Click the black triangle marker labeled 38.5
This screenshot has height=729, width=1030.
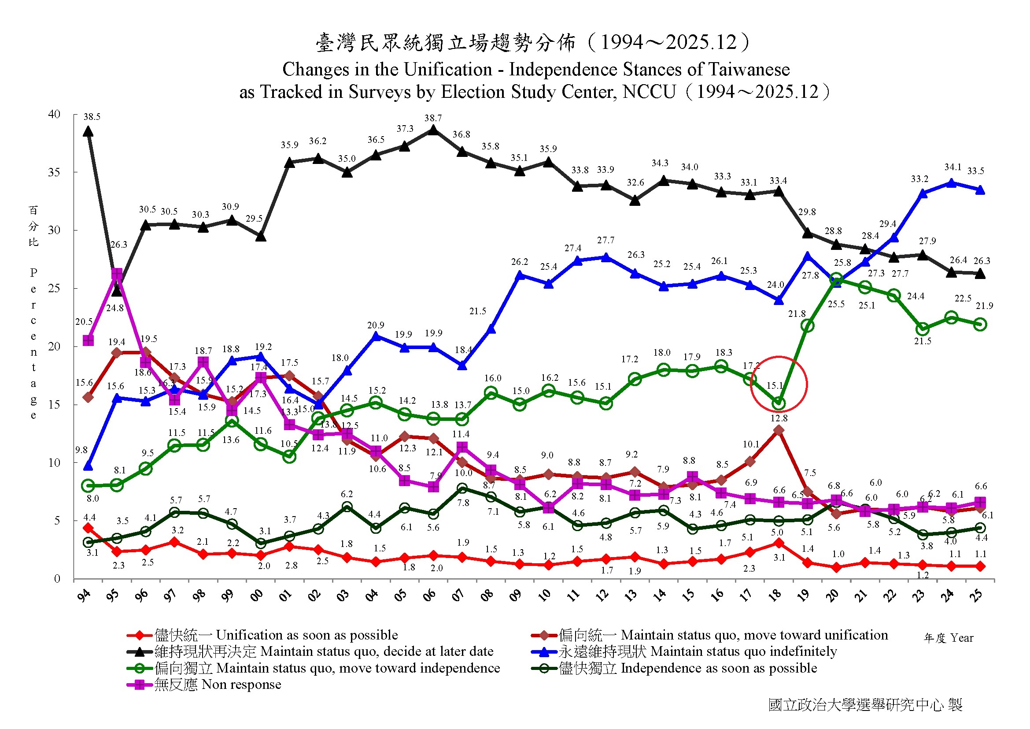(89, 131)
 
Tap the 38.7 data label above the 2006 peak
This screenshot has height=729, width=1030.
(433, 118)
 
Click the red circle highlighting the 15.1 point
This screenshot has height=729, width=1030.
(779, 384)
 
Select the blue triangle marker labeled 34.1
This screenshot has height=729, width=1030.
(951, 183)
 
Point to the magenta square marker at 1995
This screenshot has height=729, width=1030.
(117, 273)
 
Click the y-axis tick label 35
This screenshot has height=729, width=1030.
(54, 172)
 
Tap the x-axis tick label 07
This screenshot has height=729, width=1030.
(458, 595)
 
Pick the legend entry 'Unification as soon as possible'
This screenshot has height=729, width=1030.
(262, 635)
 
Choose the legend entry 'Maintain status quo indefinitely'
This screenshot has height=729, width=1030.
(684, 651)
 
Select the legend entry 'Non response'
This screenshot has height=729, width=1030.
(204, 684)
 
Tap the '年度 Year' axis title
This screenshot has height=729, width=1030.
(949, 638)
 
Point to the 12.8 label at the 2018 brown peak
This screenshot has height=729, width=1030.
(779, 418)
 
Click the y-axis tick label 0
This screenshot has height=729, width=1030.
(57, 579)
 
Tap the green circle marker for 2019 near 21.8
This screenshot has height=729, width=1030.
(808, 325)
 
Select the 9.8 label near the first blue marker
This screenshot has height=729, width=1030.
(81, 450)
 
